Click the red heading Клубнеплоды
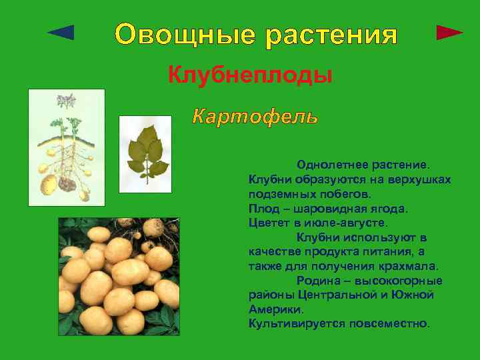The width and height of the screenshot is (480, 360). pyautogui.click(x=250, y=75)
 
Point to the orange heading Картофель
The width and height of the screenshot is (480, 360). pyautogui.click(x=255, y=117)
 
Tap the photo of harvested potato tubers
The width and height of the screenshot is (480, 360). pyautogui.click(x=119, y=276)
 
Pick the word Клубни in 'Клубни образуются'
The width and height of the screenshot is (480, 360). pyautogui.click(x=269, y=179)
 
